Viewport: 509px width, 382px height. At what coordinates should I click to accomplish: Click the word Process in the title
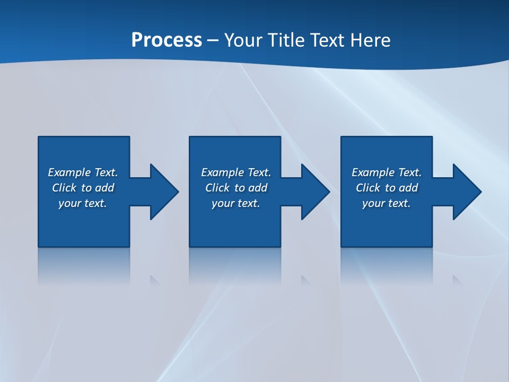(166, 40)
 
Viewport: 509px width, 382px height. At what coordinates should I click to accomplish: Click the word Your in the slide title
(243, 40)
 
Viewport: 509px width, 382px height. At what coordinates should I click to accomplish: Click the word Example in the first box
(69, 172)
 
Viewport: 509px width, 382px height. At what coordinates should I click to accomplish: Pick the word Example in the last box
(373, 172)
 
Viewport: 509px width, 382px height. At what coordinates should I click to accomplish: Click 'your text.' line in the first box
(83, 203)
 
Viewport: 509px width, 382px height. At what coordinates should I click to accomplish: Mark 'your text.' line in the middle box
(236, 203)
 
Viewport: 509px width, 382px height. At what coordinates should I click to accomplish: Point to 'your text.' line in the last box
(387, 203)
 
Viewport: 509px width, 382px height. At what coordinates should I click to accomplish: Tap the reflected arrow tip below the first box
(154, 280)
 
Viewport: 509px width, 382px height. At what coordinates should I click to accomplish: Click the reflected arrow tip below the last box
(457, 280)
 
